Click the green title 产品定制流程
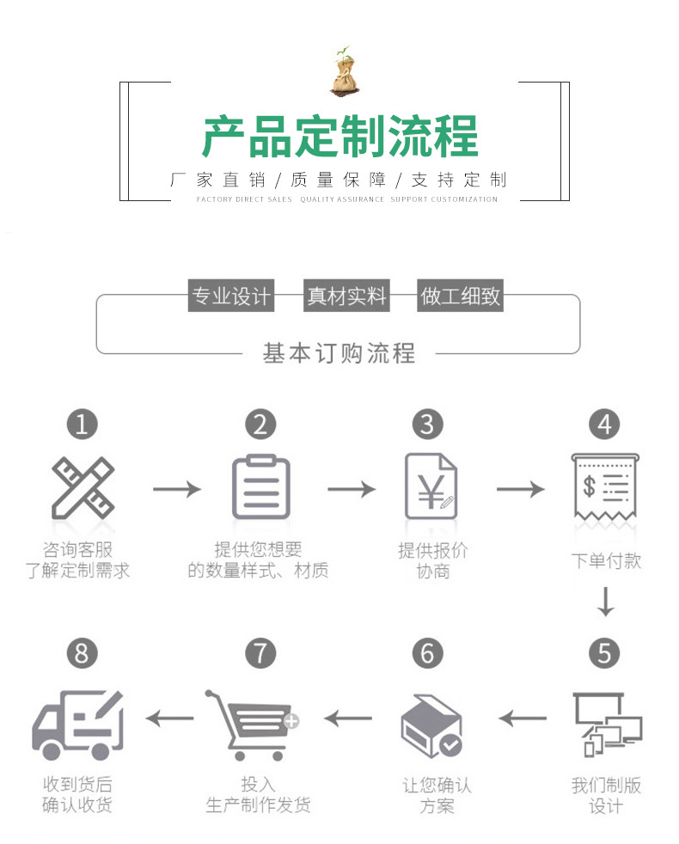click(x=339, y=138)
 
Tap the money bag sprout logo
click(x=343, y=70)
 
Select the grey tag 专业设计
click(x=230, y=297)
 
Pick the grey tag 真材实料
click(x=347, y=297)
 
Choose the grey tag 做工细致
click(x=461, y=297)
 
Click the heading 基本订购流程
click(x=339, y=352)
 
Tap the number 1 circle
click(x=82, y=424)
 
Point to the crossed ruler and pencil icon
click(x=82, y=488)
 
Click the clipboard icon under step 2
click(x=260, y=487)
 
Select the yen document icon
click(x=430, y=487)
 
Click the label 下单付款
click(x=606, y=561)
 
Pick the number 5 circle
click(x=604, y=653)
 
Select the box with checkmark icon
click(x=431, y=725)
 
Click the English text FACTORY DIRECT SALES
click(x=244, y=199)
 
